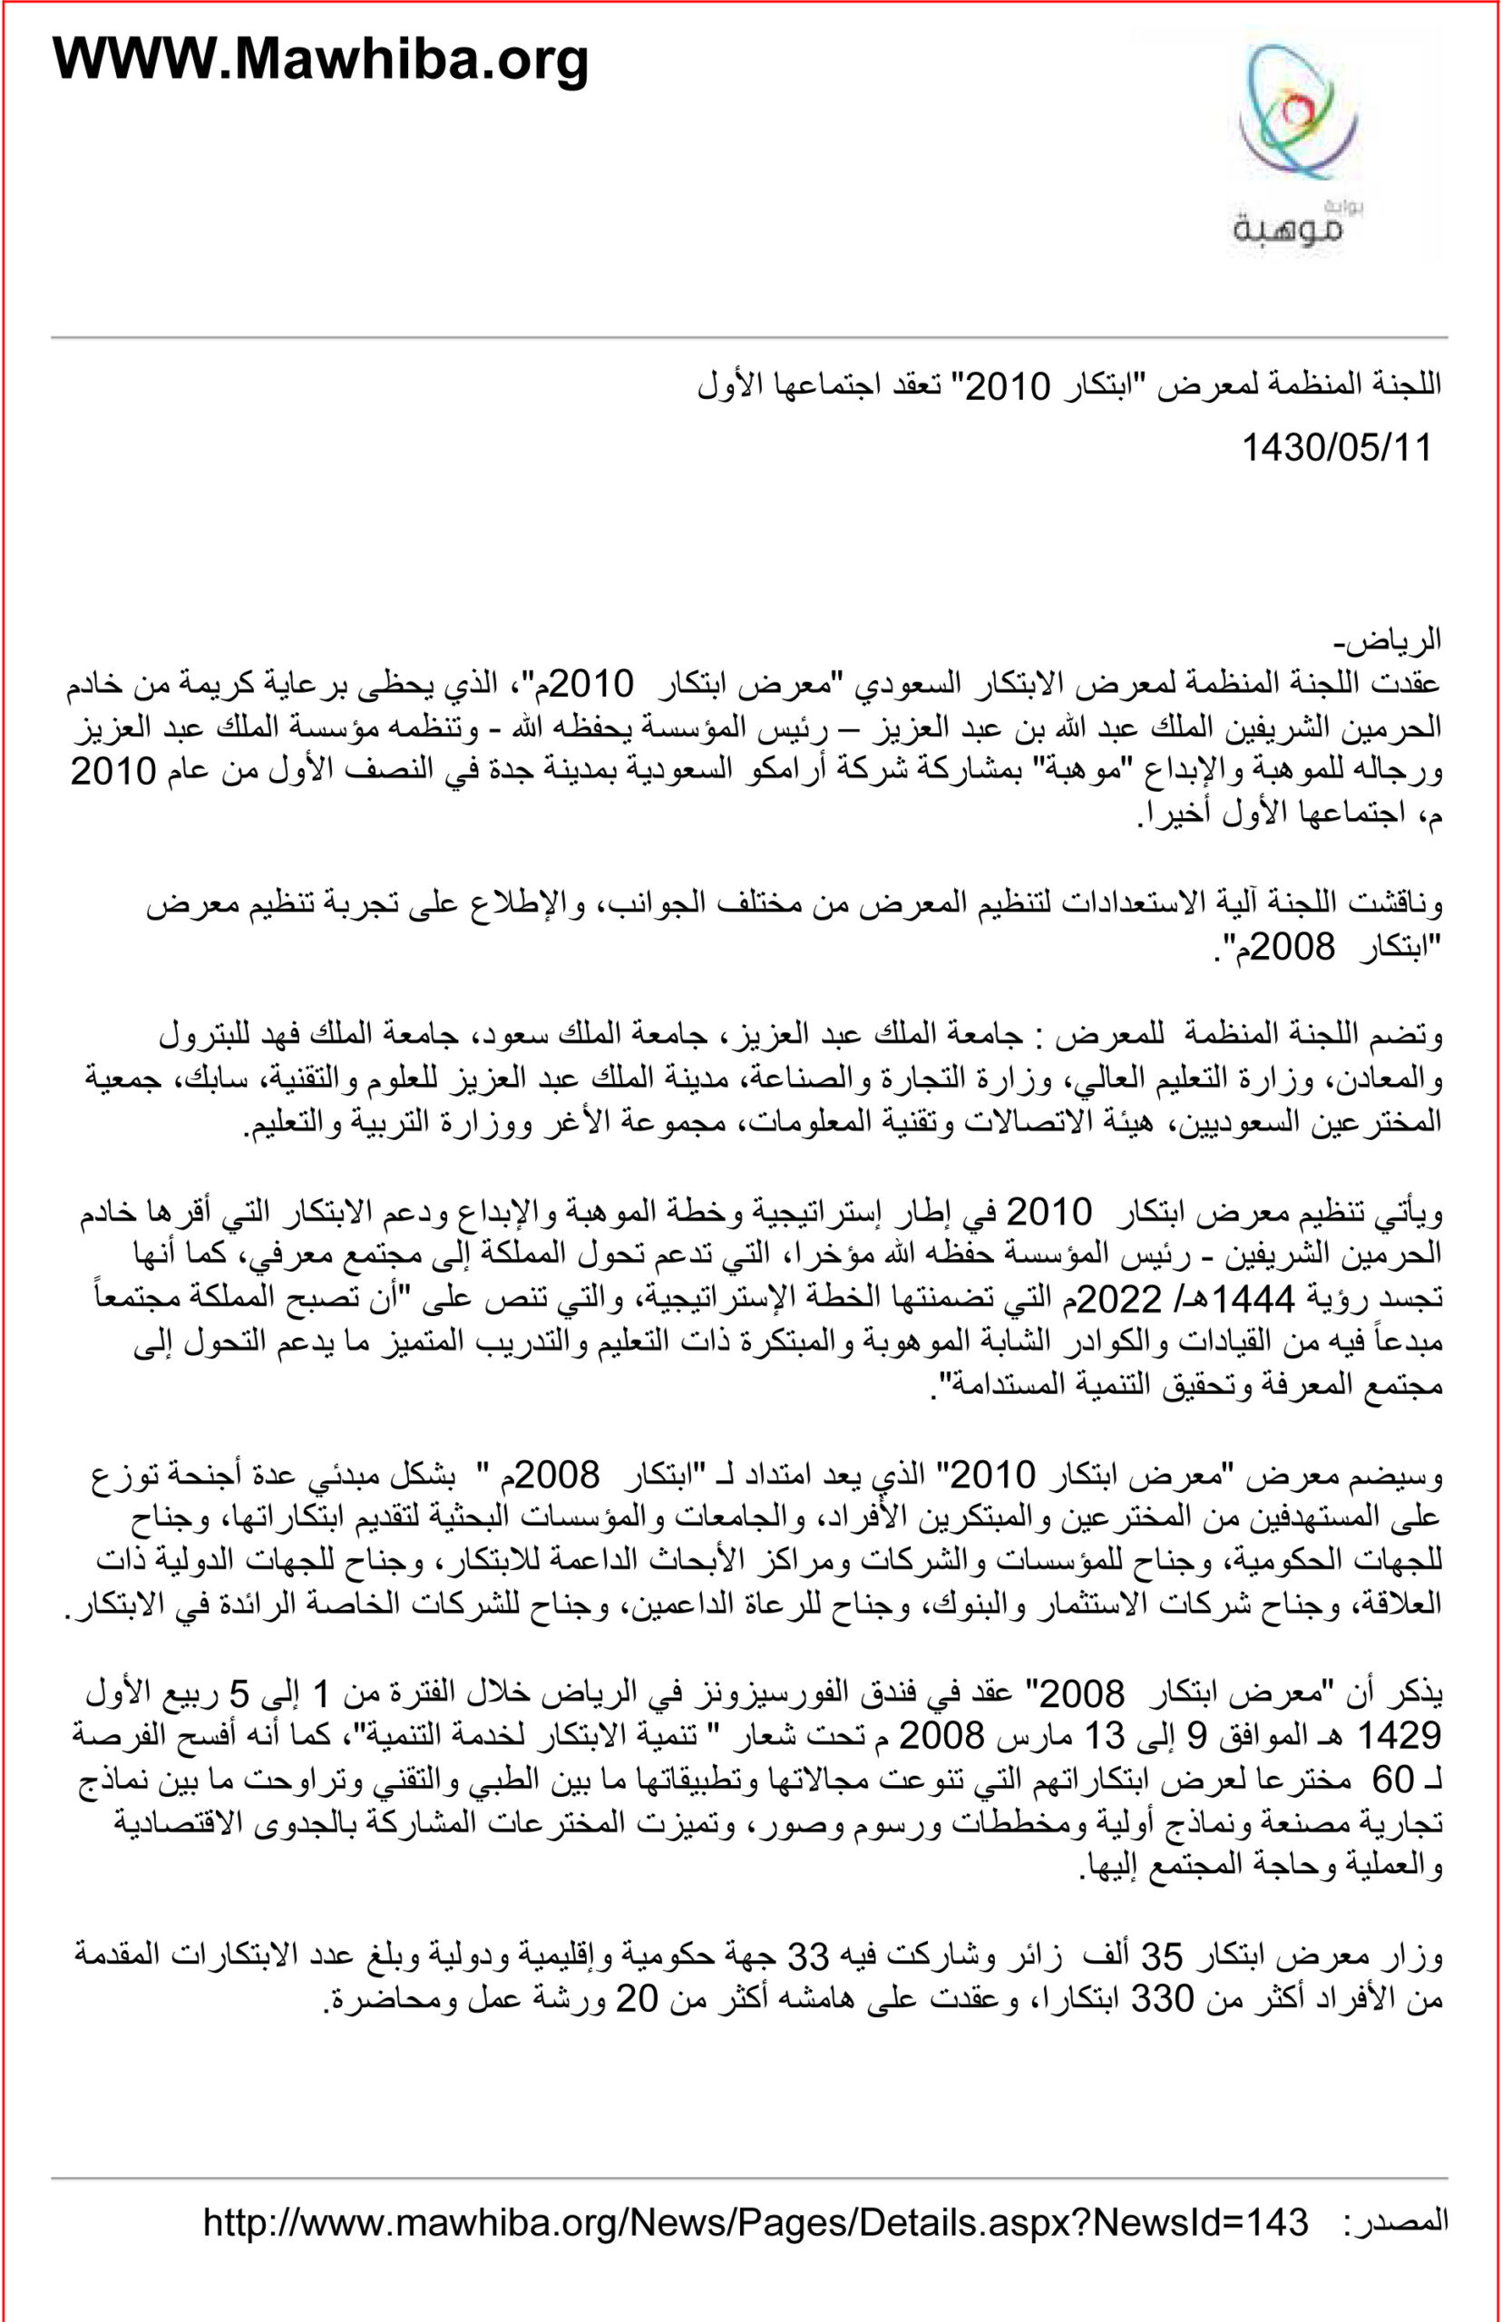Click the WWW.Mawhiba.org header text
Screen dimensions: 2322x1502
(x=320, y=61)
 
